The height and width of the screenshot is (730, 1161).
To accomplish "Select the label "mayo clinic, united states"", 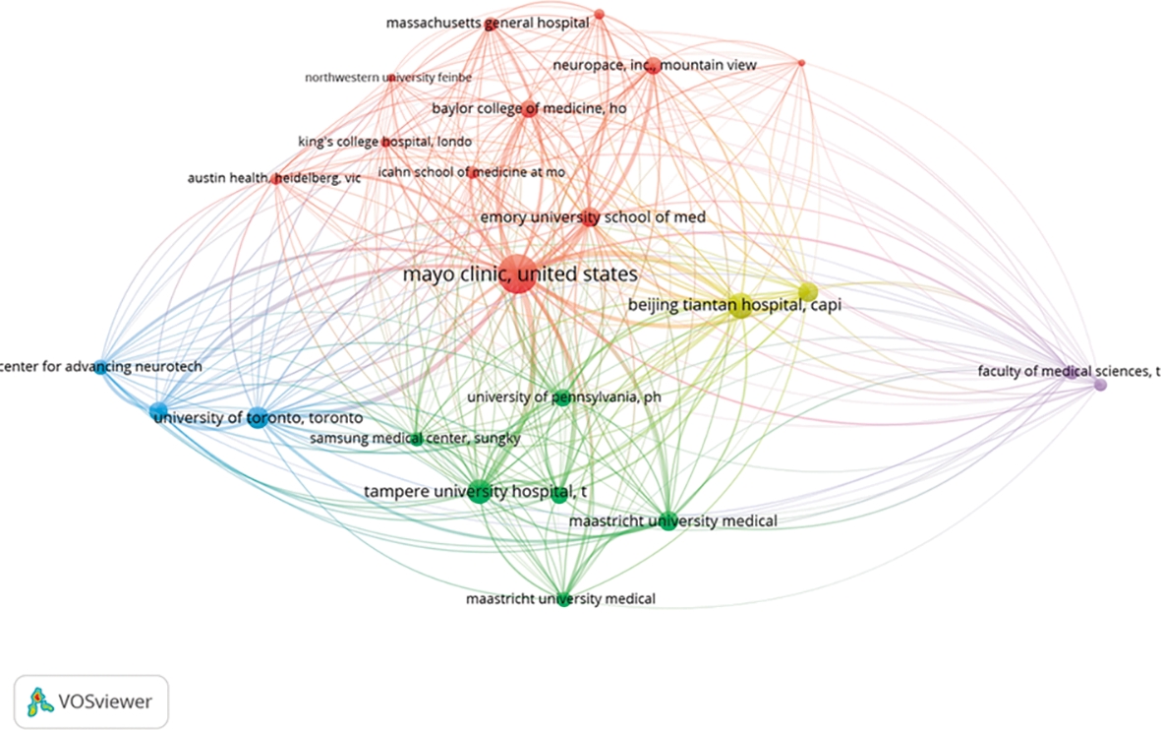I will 520,274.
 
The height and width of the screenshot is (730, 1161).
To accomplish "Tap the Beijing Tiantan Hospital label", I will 734,306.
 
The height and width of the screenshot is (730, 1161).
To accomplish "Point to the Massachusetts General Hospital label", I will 488,21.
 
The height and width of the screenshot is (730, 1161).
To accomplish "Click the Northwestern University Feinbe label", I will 388,77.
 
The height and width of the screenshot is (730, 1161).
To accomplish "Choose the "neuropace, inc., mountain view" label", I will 655,65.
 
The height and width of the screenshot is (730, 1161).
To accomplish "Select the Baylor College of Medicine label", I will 529,108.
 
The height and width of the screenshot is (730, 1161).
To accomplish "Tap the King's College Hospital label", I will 384,142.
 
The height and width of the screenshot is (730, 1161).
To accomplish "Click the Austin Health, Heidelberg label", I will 274,178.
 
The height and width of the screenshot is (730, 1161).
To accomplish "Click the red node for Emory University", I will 590,218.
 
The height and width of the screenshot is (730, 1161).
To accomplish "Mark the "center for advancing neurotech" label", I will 101,367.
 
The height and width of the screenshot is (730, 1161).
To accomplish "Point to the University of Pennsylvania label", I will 558,397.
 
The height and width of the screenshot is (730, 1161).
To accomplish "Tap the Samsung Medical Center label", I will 415,438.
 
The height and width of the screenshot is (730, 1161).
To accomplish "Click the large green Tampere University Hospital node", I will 479,493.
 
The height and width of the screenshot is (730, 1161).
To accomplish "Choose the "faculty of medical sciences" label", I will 1069,371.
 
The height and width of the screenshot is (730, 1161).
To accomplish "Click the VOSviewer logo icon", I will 38,701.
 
